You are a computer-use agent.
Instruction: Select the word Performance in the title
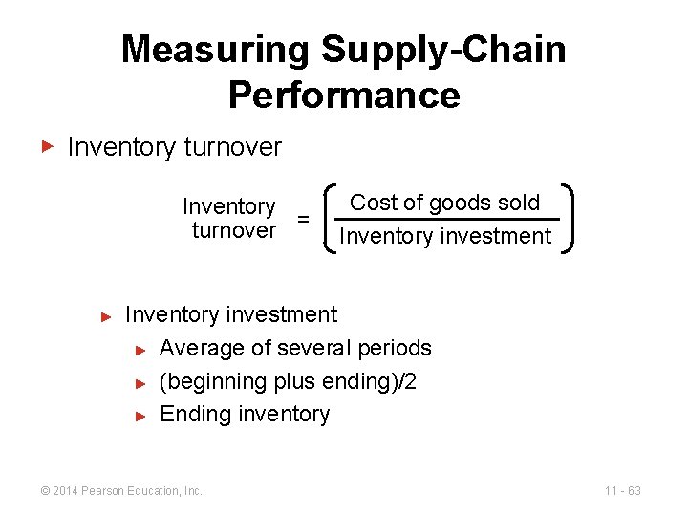(x=344, y=96)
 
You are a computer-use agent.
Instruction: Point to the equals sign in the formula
(x=303, y=219)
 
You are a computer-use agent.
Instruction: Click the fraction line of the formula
(x=446, y=220)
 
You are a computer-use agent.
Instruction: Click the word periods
(x=395, y=349)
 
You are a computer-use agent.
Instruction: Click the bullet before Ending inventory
(x=140, y=415)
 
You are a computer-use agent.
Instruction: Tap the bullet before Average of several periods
(x=140, y=350)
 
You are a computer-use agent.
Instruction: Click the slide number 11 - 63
(x=622, y=491)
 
